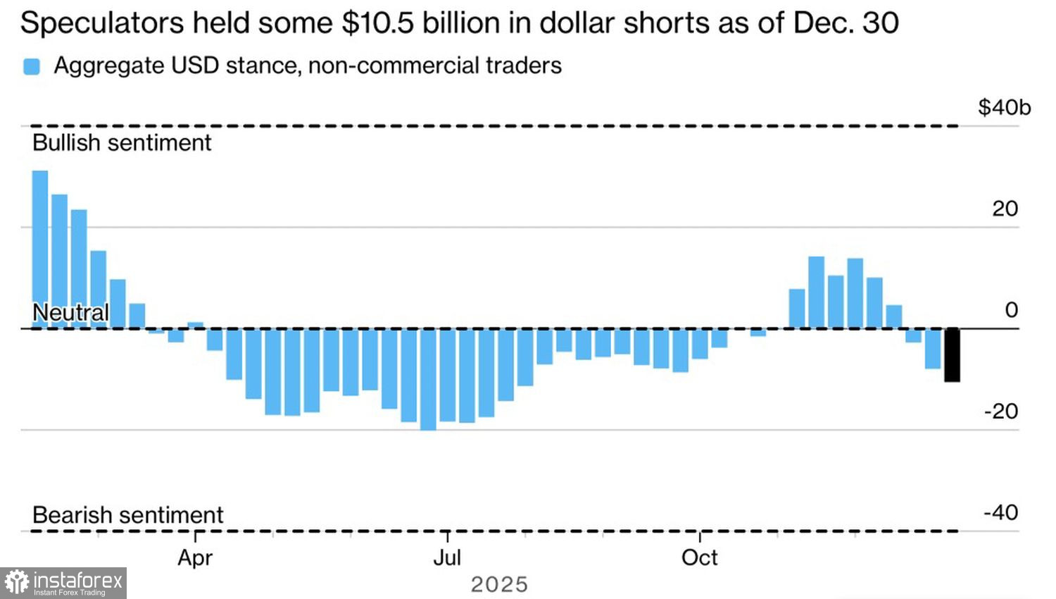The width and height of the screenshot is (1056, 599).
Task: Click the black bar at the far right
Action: click(x=952, y=354)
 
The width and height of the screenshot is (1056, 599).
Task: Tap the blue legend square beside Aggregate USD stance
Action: click(x=32, y=66)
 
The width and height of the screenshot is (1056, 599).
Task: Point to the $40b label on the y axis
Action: click(x=1004, y=108)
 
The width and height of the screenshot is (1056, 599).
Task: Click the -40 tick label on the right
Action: click(x=1000, y=512)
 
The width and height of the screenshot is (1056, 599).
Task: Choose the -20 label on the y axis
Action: click(x=1000, y=411)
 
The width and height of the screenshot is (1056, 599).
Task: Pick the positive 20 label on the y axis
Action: click(x=1005, y=209)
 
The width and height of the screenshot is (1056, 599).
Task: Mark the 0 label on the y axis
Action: click(x=1012, y=310)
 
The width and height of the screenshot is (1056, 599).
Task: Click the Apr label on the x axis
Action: click(x=195, y=557)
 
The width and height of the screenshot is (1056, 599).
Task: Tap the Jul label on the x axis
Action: click(x=447, y=557)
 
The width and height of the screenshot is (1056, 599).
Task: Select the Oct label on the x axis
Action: click(x=699, y=557)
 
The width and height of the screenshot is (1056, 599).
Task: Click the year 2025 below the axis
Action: click(x=499, y=585)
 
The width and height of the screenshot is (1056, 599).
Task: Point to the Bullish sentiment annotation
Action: click(x=122, y=143)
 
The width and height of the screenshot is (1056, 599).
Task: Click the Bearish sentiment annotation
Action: click(x=127, y=515)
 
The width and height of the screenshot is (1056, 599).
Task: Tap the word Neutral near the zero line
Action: click(x=70, y=312)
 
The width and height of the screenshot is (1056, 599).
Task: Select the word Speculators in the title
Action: click(x=102, y=23)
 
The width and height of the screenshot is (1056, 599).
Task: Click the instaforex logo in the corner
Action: click(x=63, y=583)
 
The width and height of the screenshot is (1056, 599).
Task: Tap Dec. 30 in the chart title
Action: click(x=846, y=23)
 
